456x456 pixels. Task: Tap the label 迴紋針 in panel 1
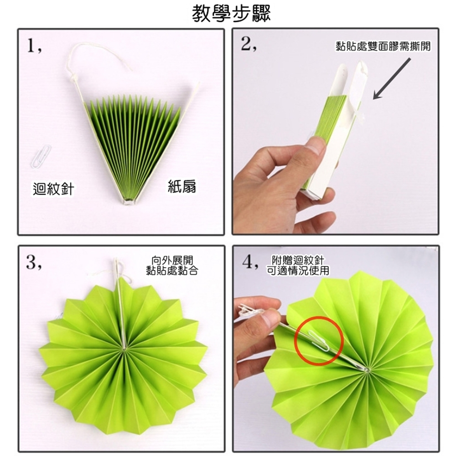(54, 188)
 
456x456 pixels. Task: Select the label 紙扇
(182, 186)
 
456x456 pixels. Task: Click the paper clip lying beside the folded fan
(40, 156)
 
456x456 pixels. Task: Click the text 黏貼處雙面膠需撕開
(383, 47)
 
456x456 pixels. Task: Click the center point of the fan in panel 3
(124, 349)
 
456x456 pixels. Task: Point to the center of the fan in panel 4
(365, 368)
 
